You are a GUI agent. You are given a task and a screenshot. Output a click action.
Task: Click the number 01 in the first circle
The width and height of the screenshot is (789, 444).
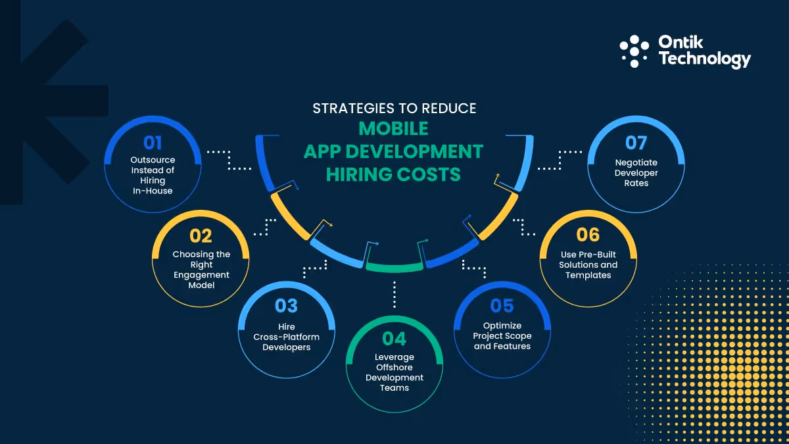pyautogui.click(x=152, y=143)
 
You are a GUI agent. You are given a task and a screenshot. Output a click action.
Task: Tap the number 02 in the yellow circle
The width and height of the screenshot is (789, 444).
pyautogui.click(x=201, y=235)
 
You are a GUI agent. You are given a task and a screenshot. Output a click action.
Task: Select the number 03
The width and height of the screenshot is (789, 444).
pyautogui.click(x=286, y=306)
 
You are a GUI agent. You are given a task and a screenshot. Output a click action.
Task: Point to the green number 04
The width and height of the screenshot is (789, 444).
pyautogui.click(x=394, y=339)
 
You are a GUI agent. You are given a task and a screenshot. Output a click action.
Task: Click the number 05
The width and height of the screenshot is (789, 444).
pyautogui.click(x=502, y=306)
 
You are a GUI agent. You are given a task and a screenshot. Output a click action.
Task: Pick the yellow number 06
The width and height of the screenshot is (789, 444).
pyautogui.click(x=588, y=235)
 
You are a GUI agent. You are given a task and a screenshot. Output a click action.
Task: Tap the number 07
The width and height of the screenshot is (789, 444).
pyautogui.click(x=636, y=143)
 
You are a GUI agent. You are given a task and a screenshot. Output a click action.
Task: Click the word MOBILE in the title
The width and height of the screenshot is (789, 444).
pyautogui.click(x=394, y=128)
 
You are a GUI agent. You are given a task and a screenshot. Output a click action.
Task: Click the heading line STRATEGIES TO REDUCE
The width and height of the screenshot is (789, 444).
pyautogui.click(x=394, y=107)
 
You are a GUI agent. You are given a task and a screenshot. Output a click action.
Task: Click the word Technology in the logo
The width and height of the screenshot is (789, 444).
pyautogui.click(x=704, y=59)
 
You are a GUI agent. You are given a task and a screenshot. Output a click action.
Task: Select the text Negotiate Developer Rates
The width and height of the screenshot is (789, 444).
pyautogui.click(x=636, y=172)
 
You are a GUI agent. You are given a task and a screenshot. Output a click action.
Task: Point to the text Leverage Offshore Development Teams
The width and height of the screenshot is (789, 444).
pyautogui.click(x=394, y=372)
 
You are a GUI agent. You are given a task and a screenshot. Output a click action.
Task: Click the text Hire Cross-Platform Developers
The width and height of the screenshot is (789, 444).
pyautogui.click(x=286, y=337)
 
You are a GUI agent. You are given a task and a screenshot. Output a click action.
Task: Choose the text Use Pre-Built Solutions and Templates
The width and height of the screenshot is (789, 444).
pyautogui.click(x=588, y=265)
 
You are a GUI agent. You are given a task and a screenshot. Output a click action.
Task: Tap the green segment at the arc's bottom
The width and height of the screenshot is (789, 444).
pyautogui.click(x=394, y=267)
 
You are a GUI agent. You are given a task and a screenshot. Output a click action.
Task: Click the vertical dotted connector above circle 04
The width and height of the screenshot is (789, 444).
pyautogui.click(x=394, y=294)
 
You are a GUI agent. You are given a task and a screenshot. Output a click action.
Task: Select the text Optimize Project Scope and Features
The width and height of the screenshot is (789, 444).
pyautogui.click(x=502, y=336)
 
